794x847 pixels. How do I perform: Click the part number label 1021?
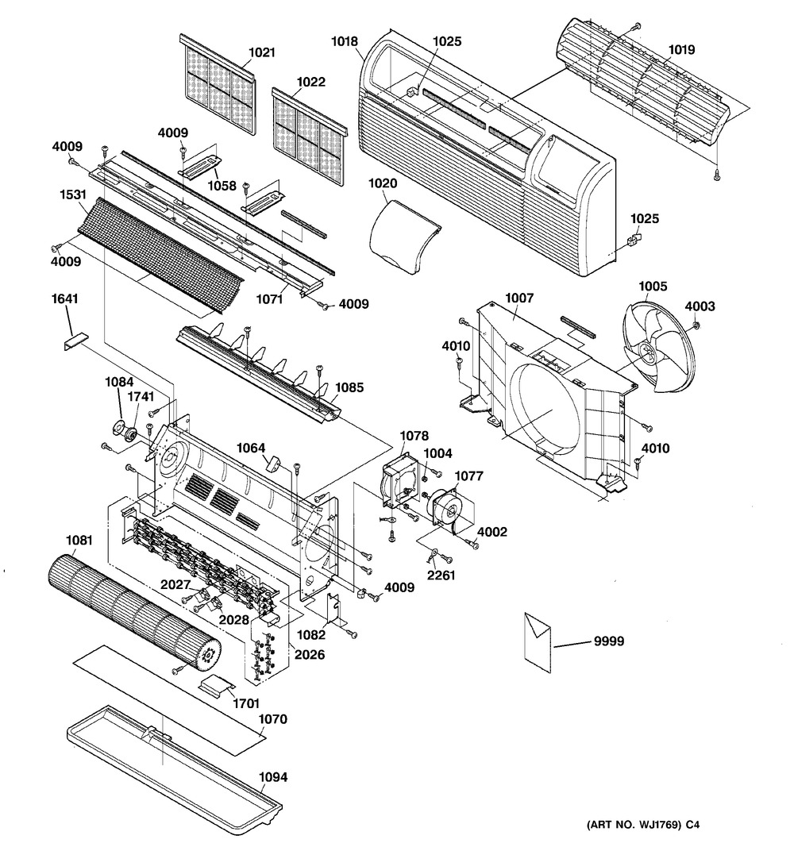[x=261, y=52]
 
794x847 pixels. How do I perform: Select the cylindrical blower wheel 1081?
[x=131, y=608]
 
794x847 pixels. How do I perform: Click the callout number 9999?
[x=607, y=641]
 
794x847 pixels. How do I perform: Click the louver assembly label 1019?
[x=680, y=49]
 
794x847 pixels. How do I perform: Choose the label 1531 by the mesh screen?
[x=71, y=192]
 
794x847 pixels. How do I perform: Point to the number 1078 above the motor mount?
[x=414, y=435]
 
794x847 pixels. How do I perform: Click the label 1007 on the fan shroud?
[x=519, y=298]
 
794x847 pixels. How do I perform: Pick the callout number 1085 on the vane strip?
[x=349, y=389]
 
